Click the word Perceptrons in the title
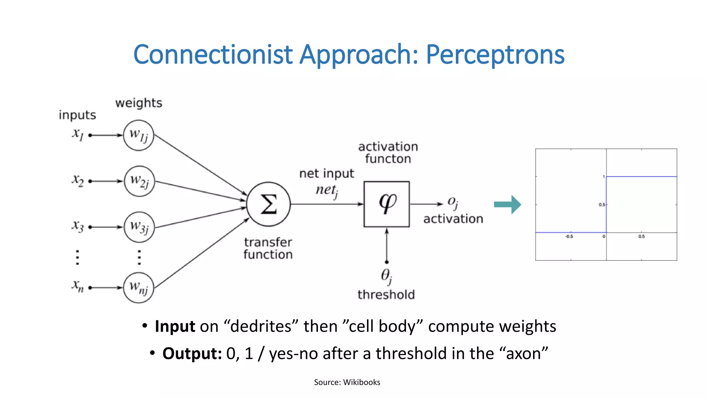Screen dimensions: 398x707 click(x=495, y=55)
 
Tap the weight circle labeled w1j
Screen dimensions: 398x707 click(x=138, y=135)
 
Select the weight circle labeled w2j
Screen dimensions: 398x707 click(x=139, y=181)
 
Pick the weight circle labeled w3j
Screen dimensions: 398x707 click(x=139, y=227)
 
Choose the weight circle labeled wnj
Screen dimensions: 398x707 click(x=138, y=287)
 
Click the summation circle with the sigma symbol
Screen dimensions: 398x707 click(x=269, y=204)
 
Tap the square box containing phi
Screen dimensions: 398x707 click(x=387, y=204)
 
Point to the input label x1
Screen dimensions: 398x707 click(x=78, y=134)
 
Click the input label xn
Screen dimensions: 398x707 click(x=78, y=286)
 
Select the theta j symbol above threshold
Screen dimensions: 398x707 click(x=386, y=276)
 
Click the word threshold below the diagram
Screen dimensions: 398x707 click(x=386, y=295)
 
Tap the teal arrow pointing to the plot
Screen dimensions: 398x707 click(x=507, y=205)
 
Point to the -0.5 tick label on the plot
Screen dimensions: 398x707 click(x=569, y=237)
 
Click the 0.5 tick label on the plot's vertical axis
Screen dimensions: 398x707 click(x=602, y=205)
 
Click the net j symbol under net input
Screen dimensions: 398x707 click(x=327, y=191)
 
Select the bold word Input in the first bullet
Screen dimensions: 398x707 click(x=175, y=326)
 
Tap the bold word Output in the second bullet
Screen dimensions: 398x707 click(x=192, y=353)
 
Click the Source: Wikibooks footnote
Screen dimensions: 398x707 click(x=347, y=382)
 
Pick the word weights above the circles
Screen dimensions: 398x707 click(x=138, y=103)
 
